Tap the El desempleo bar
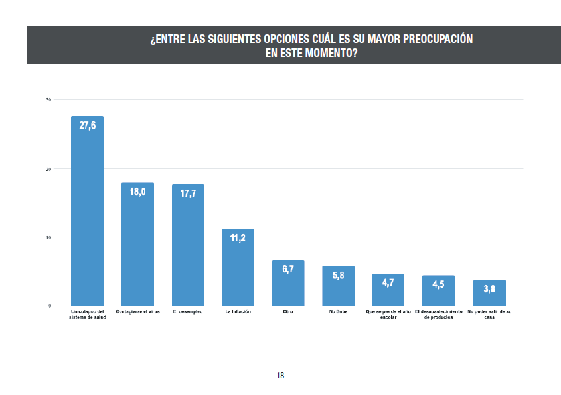click(x=188, y=245)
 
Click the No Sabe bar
click(x=339, y=286)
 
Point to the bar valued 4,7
click(x=388, y=290)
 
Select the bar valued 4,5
click(x=438, y=290)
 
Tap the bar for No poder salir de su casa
click(x=489, y=292)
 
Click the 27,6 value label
click(x=87, y=125)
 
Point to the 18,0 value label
click(x=137, y=192)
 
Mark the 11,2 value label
click(x=238, y=238)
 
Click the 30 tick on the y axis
click(x=48, y=100)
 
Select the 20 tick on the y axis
click(x=48, y=168)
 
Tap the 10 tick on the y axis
click(x=48, y=237)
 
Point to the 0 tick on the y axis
click(x=50, y=306)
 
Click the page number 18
click(x=280, y=376)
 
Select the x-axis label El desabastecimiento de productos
click(x=438, y=314)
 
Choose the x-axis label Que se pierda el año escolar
click(x=388, y=314)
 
